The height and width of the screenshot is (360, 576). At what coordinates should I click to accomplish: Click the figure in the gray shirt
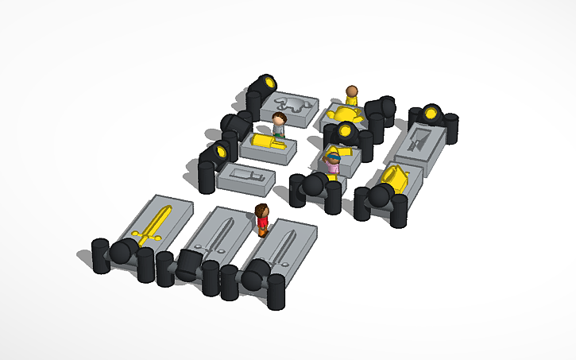[x=279, y=126]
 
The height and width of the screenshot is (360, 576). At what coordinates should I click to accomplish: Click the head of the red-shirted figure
[x=262, y=211]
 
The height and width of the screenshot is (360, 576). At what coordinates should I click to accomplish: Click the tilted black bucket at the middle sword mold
[x=188, y=263]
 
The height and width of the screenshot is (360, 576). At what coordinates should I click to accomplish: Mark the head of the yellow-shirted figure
[x=352, y=90]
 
